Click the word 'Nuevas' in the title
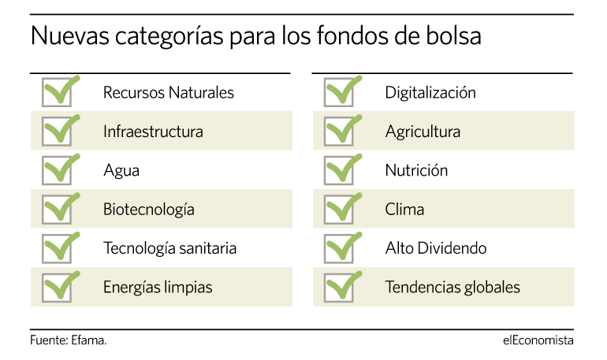(70, 36)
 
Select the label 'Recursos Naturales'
(169, 93)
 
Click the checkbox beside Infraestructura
(57, 132)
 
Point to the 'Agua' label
(121, 171)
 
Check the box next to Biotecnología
(57, 210)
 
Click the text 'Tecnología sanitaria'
(169, 249)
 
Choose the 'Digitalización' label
(430, 93)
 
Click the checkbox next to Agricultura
(339, 132)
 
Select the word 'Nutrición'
(416, 170)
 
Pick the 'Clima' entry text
(404, 210)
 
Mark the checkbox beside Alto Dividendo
(339, 249)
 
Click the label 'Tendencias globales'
(452, 288)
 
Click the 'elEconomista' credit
(538, 340)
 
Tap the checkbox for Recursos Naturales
(57, 92)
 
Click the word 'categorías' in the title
(169, 37)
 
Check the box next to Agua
(57, 170)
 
